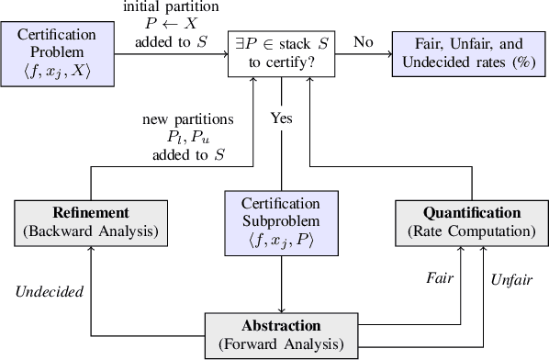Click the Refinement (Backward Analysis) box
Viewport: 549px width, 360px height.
pos(91,220)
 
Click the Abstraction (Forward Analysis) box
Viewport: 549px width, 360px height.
pos(282,334)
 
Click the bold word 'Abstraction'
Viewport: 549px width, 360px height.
pos(282,326)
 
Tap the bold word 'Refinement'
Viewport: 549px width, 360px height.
pos(91,212)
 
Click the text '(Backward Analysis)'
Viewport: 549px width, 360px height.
pos(91,230)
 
